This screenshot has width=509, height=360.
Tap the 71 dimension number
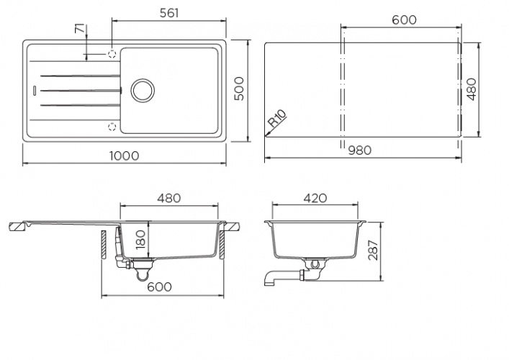79,31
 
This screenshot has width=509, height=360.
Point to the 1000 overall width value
125,156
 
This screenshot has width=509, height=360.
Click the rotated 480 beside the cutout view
472,88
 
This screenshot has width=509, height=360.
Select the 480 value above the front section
167,197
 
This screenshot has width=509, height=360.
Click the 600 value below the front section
159,287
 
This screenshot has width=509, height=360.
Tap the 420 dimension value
315,197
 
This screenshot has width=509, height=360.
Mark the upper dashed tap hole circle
112,53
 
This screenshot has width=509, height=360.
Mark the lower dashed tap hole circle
112,127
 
